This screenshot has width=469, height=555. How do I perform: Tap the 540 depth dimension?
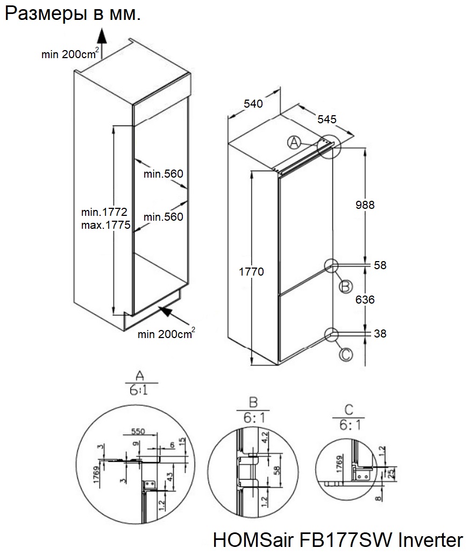pos(253,104)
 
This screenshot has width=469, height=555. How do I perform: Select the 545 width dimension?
pos(327,120)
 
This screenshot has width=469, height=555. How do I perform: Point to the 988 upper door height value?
pos(365,205)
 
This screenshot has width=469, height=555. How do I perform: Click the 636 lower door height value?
pos(365,299)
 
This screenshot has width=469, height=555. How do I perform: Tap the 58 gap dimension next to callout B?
pos(380,265)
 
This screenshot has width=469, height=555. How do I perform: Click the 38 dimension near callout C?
pos(380,334)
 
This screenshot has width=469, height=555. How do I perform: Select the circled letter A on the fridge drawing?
pos(294,143)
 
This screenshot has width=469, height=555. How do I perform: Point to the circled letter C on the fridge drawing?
pos(346,354)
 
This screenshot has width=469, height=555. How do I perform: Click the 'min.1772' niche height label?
pos(104,214)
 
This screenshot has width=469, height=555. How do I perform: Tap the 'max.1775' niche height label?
pos(106,226)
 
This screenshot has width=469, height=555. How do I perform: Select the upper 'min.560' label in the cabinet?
pos(164,173)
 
